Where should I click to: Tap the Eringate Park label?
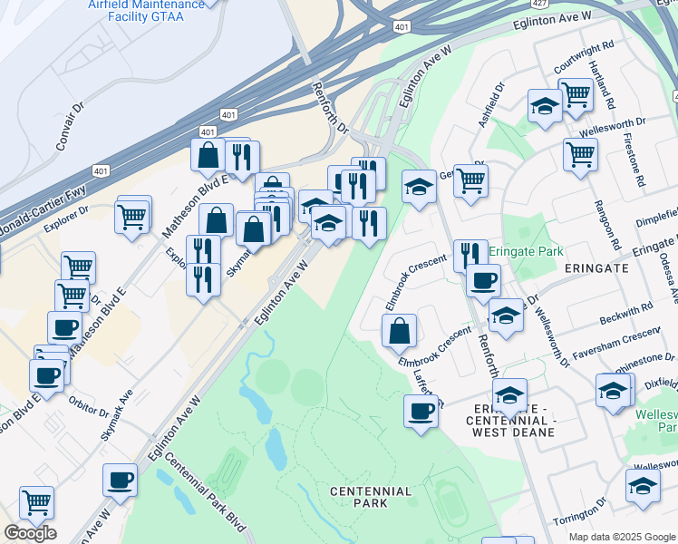(527, 251)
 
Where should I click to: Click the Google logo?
(30, 533)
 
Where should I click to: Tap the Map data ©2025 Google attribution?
(622, 537)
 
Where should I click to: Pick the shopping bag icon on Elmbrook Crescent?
(399, 331)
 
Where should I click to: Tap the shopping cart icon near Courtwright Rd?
(576, 94)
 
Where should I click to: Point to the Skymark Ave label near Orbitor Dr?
(117, 415)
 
